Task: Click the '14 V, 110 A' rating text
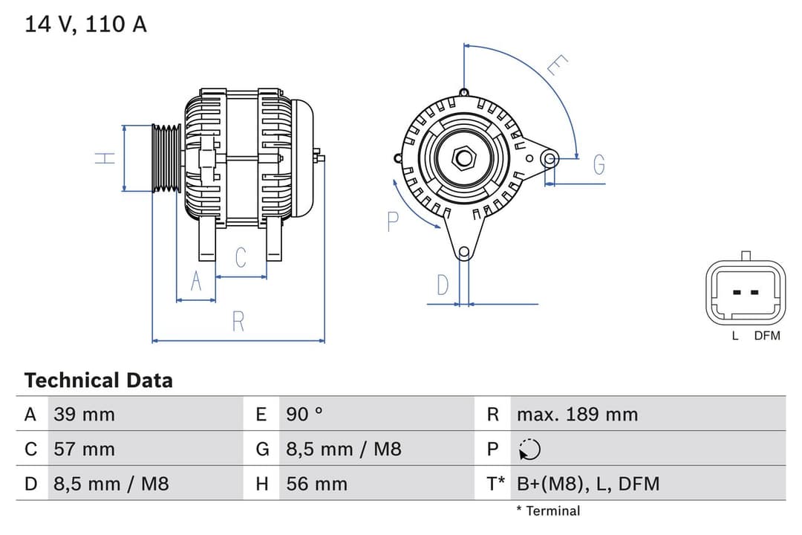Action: (85, 25)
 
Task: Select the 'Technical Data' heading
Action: (98, 380)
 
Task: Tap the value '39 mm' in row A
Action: (84, 415)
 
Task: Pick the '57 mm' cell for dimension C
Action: (84, 449)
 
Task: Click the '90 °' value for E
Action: (304, 415)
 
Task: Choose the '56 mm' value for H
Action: (316, 484)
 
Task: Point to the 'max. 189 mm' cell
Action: (577, 415)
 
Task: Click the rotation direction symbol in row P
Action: (529, 450)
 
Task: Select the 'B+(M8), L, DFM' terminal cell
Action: (588, 484)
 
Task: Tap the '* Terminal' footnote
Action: (548, 510)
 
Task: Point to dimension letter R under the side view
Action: (238, 322)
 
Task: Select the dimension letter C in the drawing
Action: (241, 258)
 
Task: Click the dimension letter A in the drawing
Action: (196, 282)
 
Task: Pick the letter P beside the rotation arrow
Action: (393, 221)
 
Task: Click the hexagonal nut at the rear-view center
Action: (464, 158)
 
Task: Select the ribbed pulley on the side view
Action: (166, 158)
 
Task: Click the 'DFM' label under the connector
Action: (767, 336)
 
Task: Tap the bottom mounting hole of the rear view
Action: (464, 252)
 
